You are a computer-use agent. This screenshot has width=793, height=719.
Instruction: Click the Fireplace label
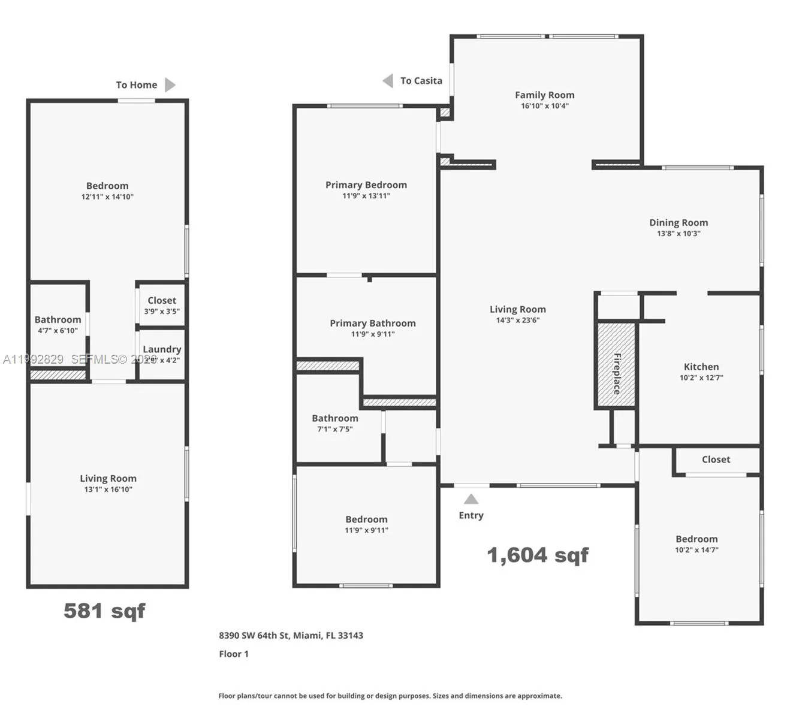[617, 373]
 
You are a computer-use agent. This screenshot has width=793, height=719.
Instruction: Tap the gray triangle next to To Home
[170, 85]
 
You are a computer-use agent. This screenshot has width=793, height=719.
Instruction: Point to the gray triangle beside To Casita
[388, 81]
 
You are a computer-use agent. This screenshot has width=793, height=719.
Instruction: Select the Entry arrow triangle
[471, 499]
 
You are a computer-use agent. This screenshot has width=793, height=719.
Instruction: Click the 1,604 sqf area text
[538, 555]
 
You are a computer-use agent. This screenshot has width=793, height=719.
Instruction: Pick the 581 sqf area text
[104, 611]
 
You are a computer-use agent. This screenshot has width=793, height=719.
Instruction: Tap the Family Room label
[544, 95]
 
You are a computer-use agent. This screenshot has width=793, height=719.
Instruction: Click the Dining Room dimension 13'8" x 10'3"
[679, 234]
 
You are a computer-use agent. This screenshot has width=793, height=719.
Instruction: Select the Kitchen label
[701, 367]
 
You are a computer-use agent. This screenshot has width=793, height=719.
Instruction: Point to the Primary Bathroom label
[373, 323]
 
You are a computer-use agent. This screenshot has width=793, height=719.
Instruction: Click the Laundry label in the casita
[162, 349]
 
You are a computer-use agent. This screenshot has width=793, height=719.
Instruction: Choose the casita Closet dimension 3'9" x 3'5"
[162, 312]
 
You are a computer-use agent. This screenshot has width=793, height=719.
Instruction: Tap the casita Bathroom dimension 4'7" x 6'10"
[58, 331]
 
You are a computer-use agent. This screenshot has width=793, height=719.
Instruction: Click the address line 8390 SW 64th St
[291, 636]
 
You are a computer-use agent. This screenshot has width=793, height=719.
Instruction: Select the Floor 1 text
[234, 654]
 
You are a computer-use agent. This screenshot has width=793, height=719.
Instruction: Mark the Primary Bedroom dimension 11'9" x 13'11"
[366, 196]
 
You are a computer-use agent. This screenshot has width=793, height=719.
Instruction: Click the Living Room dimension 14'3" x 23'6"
[518, 321]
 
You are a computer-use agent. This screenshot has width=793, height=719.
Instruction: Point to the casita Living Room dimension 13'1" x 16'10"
[108, 490]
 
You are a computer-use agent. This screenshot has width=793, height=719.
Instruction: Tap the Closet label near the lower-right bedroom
[716, 460]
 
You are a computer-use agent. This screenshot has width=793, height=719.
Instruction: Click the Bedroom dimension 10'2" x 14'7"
[696, 550]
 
